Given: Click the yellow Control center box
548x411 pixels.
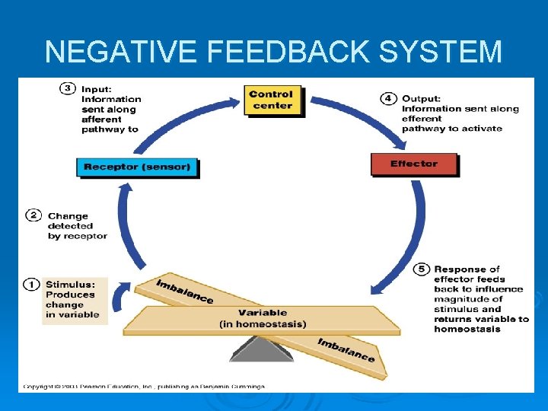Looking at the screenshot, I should point(272,100).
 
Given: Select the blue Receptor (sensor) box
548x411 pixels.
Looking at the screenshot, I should point(137,167).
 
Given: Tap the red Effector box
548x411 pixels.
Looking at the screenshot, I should point(414,164).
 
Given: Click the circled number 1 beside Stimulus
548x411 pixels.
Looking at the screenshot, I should point(33,284).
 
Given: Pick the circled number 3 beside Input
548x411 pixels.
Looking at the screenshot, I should point(67,88).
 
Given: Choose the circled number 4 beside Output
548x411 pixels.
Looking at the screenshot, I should point(387,98).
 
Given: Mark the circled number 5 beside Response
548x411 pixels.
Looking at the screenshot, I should point(421,269).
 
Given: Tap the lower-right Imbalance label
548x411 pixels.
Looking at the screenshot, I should point(346,349).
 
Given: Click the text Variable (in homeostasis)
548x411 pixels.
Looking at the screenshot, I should point(263,318).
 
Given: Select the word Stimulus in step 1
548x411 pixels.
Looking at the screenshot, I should point(70,285).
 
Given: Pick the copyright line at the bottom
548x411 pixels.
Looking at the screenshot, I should point(144,387).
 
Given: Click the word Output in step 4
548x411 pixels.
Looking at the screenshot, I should point(420,98).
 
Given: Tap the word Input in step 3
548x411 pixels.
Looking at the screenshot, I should point(96,89).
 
